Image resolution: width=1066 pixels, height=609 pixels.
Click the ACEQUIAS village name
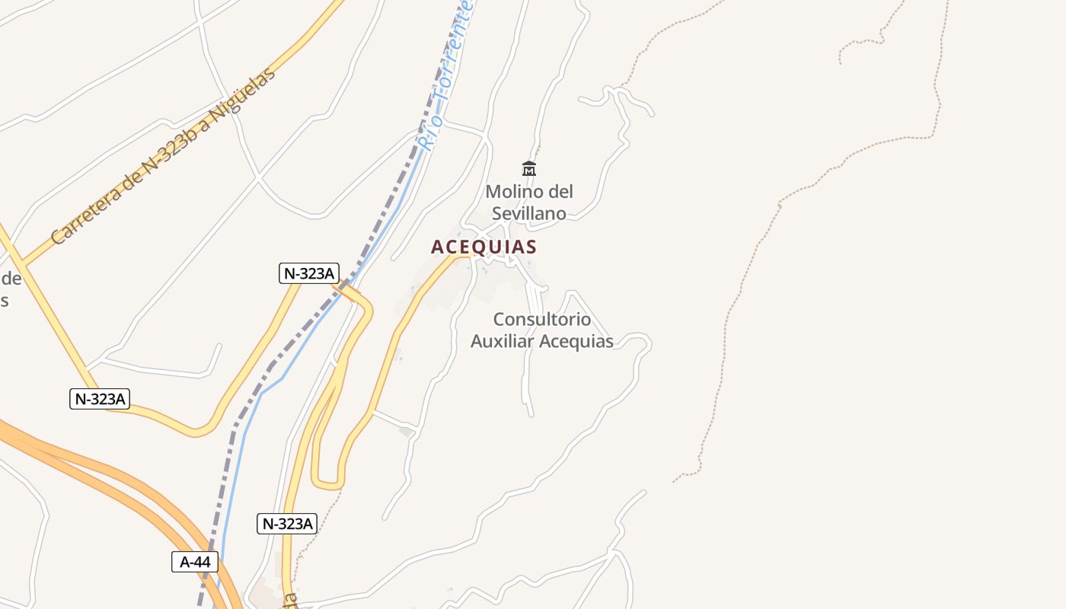pos(484,247)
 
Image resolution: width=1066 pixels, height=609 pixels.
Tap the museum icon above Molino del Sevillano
pos(529,168)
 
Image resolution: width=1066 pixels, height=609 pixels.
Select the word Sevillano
pos(529,213)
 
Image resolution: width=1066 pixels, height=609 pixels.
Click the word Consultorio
pos(541,319)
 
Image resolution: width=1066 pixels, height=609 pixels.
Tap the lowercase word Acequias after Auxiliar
pos(577,341)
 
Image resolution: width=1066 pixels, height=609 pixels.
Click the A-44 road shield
pos(195,562)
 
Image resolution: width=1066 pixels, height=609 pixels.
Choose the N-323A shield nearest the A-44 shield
pos(286,523)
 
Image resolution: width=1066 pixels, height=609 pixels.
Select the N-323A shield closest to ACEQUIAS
pos(308,274)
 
